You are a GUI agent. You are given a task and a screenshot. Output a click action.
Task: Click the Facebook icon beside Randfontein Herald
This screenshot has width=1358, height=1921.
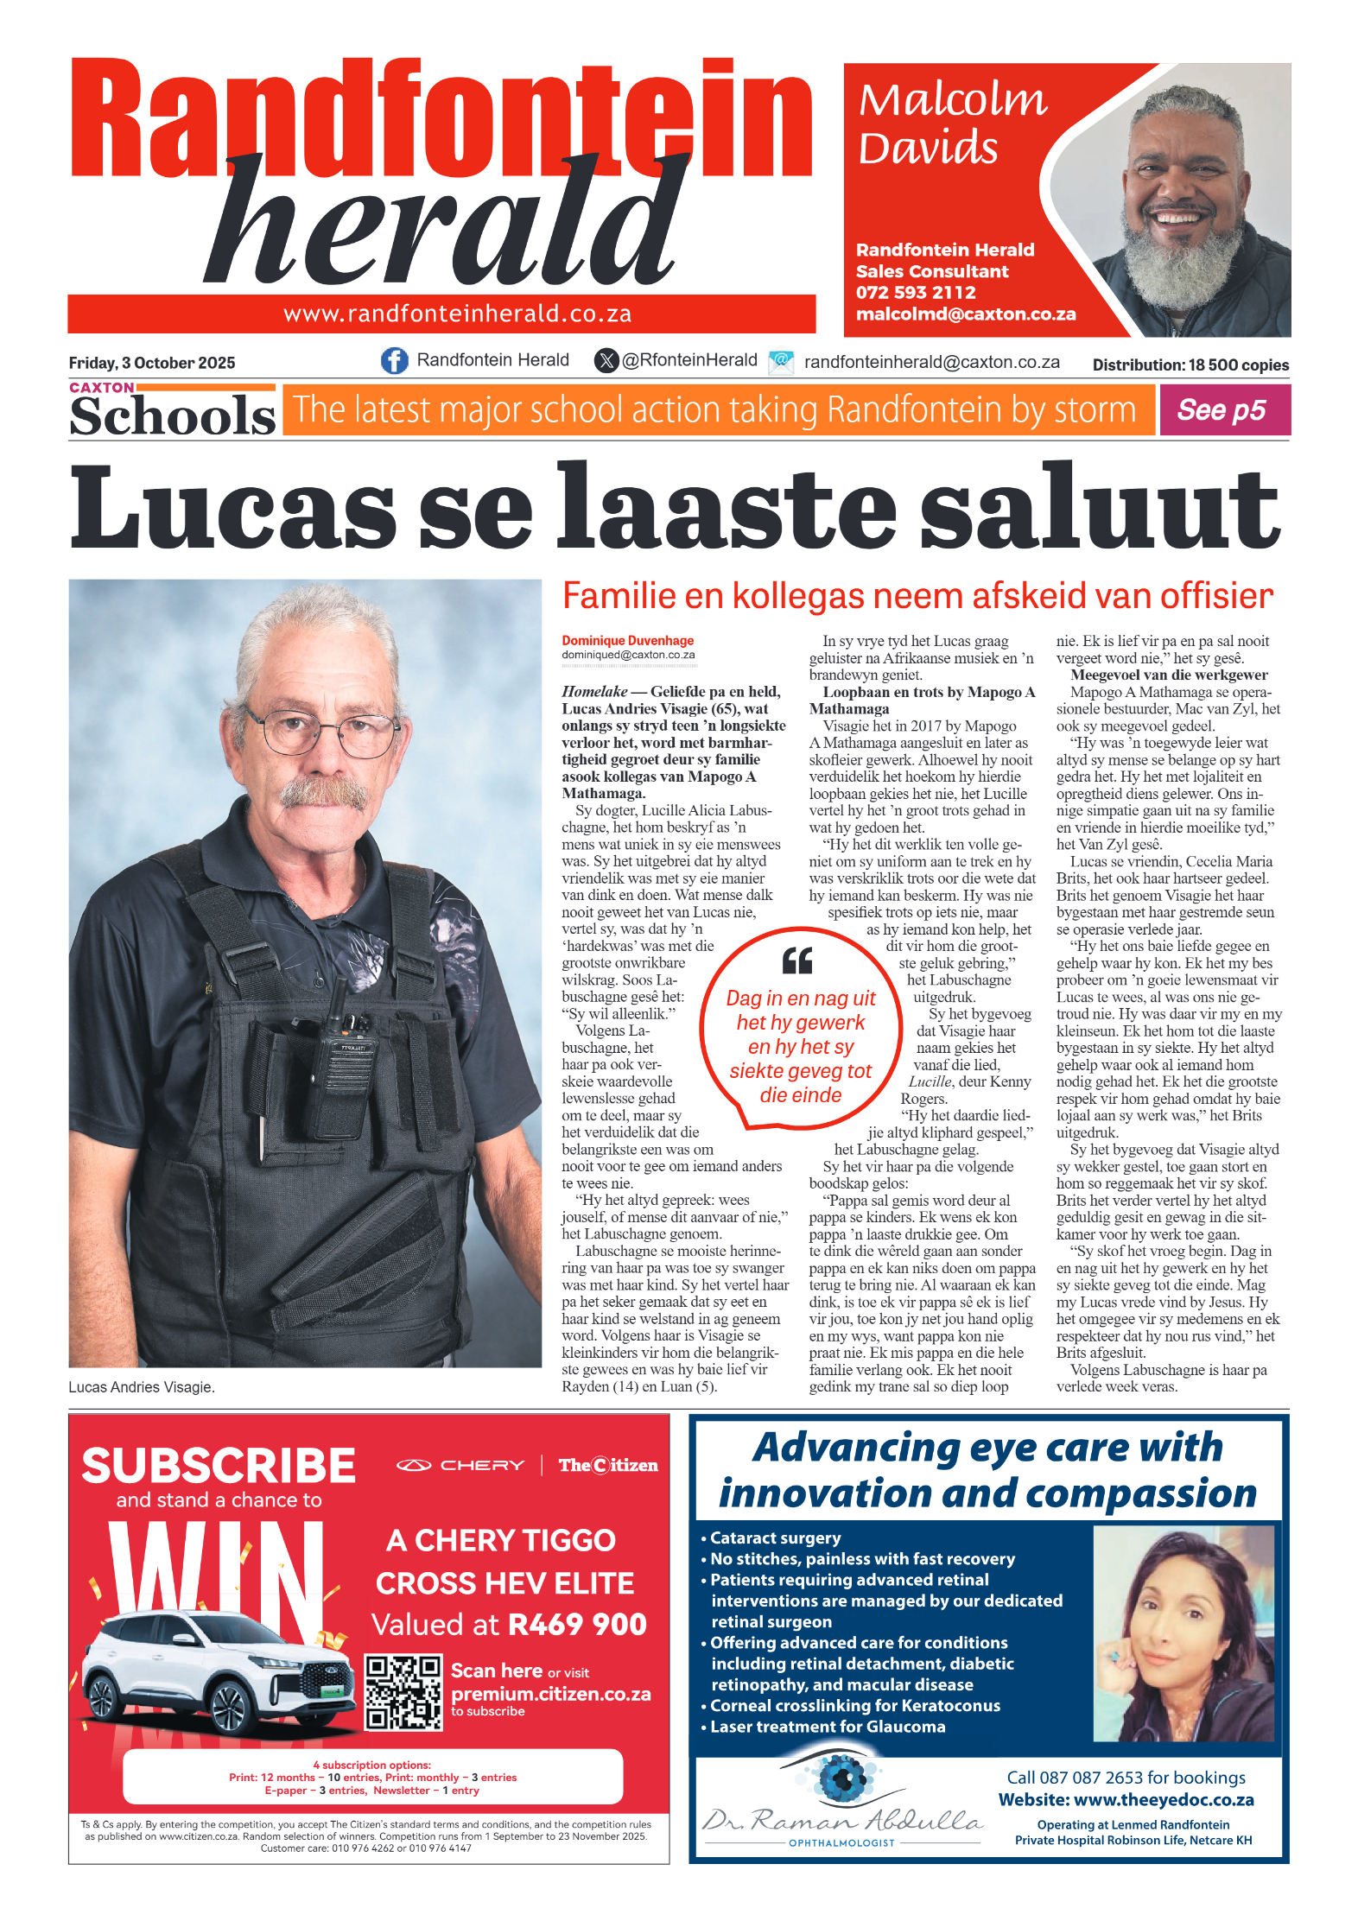coord(395,360)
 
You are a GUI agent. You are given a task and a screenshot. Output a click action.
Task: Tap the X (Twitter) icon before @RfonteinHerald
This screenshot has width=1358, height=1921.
coord(606,360)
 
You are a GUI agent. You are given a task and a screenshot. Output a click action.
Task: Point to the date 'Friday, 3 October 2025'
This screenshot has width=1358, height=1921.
coord(152,363)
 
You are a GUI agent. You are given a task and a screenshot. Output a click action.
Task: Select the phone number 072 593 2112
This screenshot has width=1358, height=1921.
coord(915,293)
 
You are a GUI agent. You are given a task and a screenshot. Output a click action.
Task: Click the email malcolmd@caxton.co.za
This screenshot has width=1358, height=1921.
coord(965,314)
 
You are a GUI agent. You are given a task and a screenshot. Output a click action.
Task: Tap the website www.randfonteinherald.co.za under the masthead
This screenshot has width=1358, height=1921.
coord(458,314)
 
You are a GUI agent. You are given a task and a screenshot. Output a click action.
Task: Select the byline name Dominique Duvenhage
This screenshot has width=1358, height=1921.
coord(627,641)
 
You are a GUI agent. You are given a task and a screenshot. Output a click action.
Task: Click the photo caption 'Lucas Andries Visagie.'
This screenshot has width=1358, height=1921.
coord(142,1387)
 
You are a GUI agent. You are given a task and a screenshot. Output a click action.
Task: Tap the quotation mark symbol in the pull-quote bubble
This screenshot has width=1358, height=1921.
coord(797,960)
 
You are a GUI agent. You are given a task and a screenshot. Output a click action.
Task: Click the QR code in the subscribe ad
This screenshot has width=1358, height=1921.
coord(403,1691)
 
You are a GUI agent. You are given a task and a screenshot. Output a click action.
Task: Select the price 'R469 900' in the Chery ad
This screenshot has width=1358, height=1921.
coord(577,1625)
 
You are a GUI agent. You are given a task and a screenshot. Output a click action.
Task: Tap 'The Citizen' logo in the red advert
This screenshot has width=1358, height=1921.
coord(607,1465)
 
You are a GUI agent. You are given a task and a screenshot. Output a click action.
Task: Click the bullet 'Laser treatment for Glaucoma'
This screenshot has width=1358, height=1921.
coord(827,1727)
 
